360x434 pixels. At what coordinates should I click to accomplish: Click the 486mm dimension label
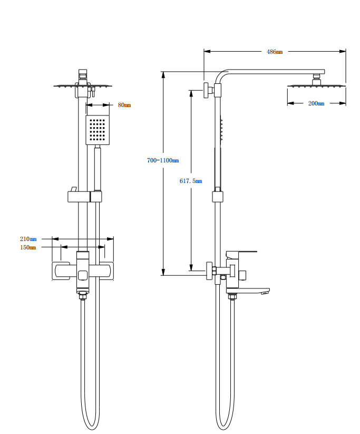coord(275,52)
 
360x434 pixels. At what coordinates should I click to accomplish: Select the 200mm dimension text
coord(316,103)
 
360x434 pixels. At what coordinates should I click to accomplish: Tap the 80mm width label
coord(124,105)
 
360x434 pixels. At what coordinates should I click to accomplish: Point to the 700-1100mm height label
coord(163,160)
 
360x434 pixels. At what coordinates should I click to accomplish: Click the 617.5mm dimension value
coord(191,181)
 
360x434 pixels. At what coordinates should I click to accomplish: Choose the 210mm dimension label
coord(28,239)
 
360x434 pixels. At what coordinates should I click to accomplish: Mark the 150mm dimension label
coord(28,247)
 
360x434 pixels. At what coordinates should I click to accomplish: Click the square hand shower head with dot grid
coord(98,130)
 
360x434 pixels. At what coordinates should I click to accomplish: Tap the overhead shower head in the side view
coord(316,85)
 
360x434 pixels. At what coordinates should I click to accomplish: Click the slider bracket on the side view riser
coord(217,197)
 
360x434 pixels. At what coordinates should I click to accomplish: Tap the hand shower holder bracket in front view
coord(84,197)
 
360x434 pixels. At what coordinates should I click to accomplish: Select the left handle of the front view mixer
coord(62,271)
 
